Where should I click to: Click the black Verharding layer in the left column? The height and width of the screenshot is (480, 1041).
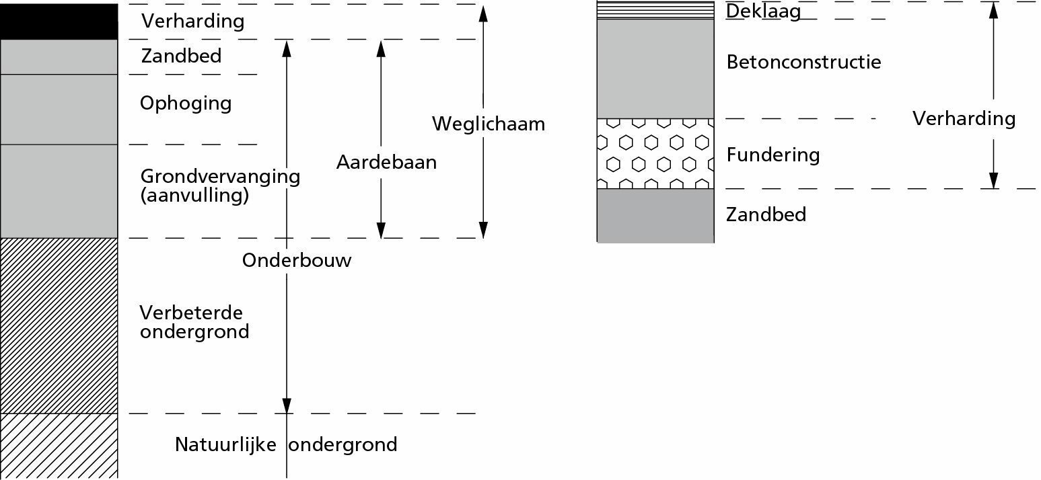[x=59, y=22]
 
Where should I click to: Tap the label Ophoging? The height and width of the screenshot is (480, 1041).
[x=186, y=103]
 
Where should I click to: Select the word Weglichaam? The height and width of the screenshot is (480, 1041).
[x=489, y=124]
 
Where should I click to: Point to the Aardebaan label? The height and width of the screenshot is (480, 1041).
[x=387, y=162]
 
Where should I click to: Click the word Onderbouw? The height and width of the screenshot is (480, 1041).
[x=297, y=260]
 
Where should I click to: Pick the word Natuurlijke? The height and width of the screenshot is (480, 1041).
[x=225, y=444]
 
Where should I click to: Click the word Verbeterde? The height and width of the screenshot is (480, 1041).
[x=191, y=313]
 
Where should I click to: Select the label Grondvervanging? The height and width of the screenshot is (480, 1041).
[x=220, y=177]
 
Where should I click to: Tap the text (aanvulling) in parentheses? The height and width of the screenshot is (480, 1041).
[x=194, y=196]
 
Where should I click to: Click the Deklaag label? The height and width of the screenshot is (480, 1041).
[x=764, y=11]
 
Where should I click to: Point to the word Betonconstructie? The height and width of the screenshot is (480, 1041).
[x=803, y=62]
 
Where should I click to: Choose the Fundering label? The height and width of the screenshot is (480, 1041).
[x=773, y=155]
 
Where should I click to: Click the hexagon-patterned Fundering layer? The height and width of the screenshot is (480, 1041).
[x=655, y=154]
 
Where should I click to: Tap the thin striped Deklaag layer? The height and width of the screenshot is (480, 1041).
[x=655, y=10]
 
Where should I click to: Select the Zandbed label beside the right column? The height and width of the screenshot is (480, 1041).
[x=766, y=214]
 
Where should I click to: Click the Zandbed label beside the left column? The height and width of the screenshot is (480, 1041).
[x=181, y=56]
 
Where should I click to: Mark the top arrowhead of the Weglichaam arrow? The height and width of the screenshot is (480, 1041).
[x=483, y=14]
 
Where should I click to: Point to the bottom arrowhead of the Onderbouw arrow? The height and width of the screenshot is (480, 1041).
[x=287, y=405]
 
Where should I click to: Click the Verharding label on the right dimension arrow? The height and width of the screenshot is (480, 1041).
[x=964, y=118]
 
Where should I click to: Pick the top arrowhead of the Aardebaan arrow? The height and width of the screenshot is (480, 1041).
[x=381, y=49]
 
